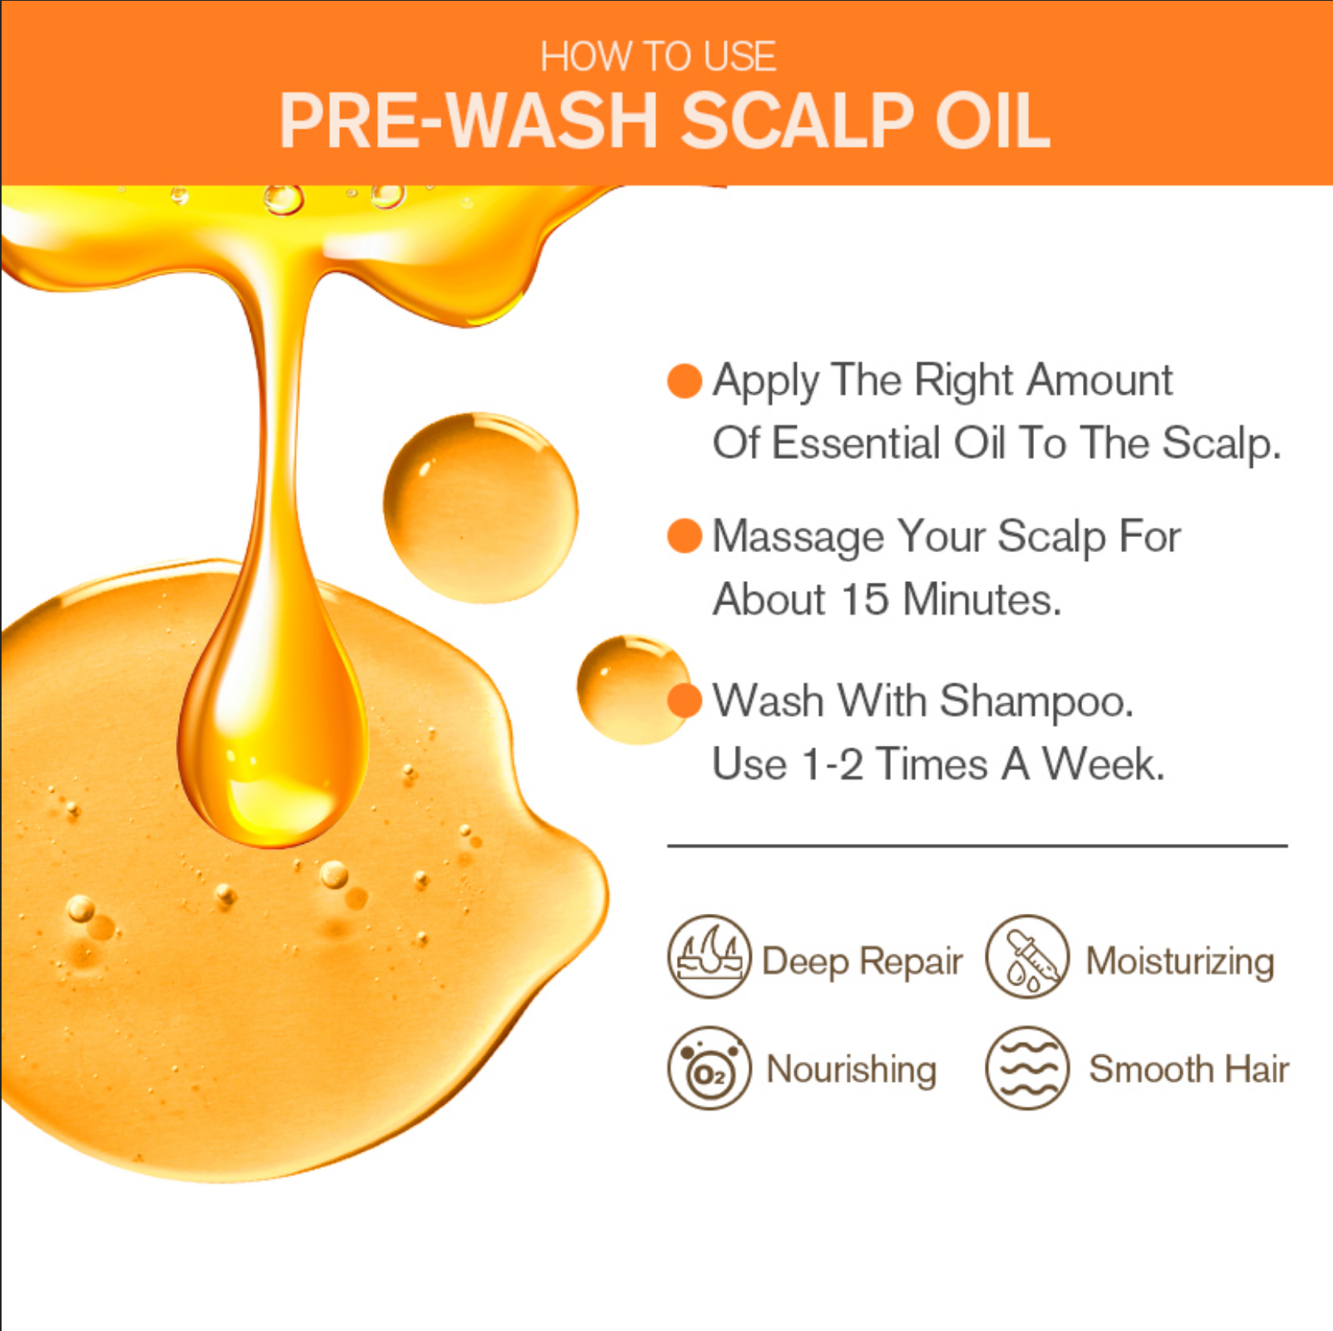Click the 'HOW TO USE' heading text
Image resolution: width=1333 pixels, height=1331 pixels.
tap(658, 57)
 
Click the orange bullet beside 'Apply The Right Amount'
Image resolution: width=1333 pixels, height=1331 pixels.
tap(684, 380)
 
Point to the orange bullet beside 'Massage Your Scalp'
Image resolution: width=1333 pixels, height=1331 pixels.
tap(684, 536)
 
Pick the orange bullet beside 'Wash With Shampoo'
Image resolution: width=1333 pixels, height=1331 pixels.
tap(684, 700)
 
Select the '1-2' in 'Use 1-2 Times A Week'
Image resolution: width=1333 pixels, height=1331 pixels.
tap(833, 764)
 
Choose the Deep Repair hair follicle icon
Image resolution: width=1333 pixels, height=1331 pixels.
tap(708, 956)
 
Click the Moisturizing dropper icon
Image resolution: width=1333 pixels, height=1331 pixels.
tap(1027, 956)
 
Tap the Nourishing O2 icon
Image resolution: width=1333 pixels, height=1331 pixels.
tap(708, 1068)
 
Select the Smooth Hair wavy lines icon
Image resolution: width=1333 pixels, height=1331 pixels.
tap(1027, 1068)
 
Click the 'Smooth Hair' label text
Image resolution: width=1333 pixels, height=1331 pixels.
tap(1188, 1070)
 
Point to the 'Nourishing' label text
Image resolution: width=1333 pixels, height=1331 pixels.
tap(851, 1070)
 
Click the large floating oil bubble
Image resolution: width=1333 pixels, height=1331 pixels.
tap(480, 508)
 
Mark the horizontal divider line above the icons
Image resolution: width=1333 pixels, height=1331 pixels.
tap(977, 846)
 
